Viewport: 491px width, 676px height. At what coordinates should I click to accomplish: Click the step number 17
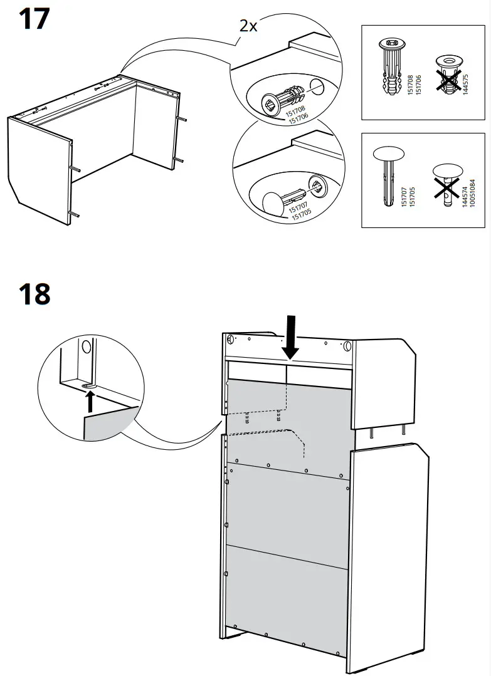(x=34, y=19)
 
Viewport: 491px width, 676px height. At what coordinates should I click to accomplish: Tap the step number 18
(x=34, y=293)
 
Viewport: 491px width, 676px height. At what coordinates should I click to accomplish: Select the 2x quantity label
(x=248, y=26)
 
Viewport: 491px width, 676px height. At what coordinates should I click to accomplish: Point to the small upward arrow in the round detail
(x=90, y=400)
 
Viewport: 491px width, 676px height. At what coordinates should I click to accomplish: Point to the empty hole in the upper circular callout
(x=318, y=86)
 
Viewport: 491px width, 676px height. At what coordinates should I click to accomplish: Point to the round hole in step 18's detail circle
(x=87, y=345)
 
